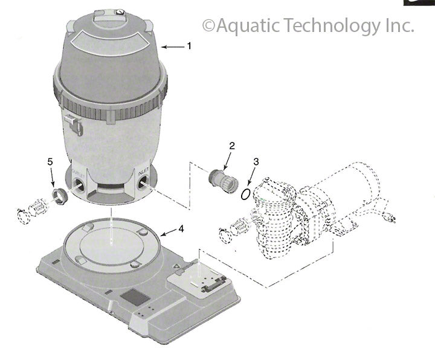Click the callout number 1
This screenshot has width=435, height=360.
[x=188, y=45]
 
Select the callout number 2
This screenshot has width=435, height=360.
[x=231, y=146]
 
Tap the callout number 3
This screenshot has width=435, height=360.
[x=256, y=162]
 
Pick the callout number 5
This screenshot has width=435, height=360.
[x=51, y=161]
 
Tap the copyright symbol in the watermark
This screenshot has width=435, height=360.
[x=207, y=26]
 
